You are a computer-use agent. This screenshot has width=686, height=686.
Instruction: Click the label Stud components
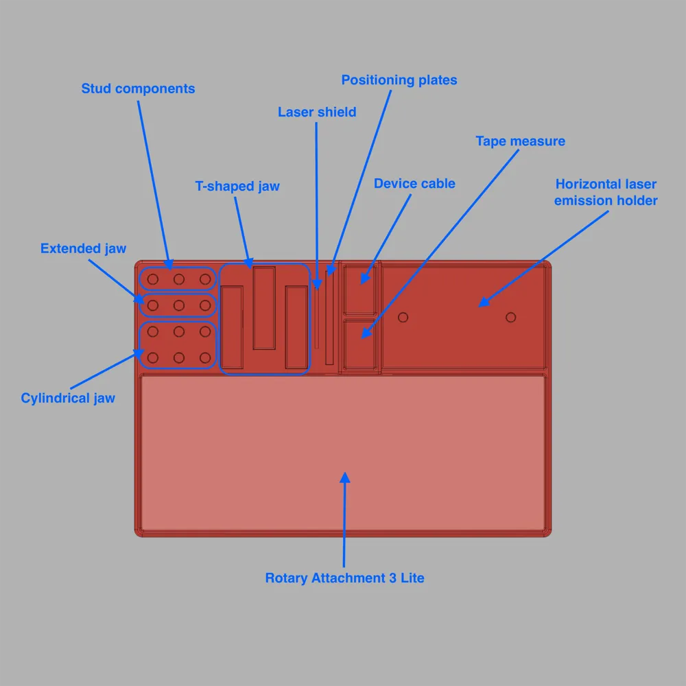point(138,88)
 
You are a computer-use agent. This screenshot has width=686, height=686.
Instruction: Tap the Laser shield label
point(317,112)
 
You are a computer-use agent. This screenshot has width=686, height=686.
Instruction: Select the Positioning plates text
point(399,80)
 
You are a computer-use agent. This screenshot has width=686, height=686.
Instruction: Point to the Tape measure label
point(520,141)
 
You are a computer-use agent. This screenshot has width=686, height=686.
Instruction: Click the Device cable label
point(414,183)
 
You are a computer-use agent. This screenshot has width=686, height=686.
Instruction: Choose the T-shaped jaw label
point(237,187)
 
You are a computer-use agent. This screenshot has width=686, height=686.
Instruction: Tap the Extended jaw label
point(83,248)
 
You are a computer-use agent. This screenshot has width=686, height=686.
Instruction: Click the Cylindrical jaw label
point(68,398)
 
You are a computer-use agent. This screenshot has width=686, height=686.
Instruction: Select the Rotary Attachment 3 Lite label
point(345,578)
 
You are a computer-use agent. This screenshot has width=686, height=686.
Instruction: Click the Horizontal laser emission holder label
point(606,192)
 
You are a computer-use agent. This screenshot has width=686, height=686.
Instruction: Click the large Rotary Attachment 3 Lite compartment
point(343,453)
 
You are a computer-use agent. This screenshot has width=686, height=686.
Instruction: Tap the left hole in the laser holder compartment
point(403,317)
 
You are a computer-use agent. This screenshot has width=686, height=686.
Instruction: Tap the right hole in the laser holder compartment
point(510,317)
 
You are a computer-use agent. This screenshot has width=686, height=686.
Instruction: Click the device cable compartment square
point(359,289)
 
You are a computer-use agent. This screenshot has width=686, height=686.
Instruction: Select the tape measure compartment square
point(359,345)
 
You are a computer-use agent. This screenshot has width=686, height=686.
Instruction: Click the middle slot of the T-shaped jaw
point(264,308)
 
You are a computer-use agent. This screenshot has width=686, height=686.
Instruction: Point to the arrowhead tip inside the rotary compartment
point(345,473)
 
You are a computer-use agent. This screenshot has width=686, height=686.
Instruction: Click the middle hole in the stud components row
point(179,279)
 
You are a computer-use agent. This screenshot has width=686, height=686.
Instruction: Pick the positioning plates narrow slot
point(329,318)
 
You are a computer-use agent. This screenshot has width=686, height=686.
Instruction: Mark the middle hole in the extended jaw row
point(179,305)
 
